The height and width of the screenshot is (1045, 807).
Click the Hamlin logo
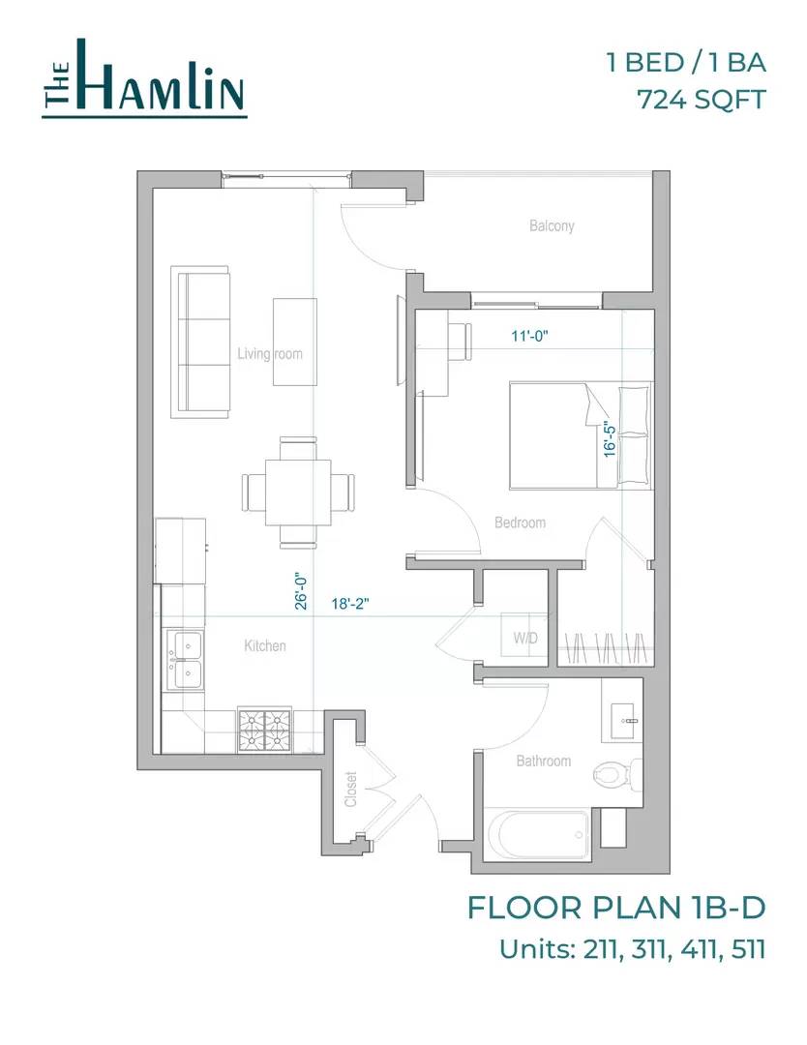[x=144, y=78]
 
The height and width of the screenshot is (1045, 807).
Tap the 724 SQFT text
[x=702, y=100]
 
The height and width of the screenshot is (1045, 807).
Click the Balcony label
[x=552, y=225]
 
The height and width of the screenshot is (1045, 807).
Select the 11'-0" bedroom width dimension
[x=529, y=336]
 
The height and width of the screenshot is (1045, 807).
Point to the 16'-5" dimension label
[x=610, y=438]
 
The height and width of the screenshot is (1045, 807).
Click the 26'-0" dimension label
[x=301, y=590]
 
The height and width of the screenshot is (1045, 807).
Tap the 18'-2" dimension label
[x=350, y=604]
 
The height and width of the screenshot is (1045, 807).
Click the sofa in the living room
[x=200, y=342]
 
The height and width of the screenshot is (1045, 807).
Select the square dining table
[x=299, y=493]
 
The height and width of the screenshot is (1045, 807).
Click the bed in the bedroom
[x=580, y=435]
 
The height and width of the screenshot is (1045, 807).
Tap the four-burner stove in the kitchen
[x=265, y=730]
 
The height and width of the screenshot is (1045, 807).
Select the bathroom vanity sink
[x=622, y=710]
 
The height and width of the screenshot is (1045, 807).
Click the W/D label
[x=525, y=638]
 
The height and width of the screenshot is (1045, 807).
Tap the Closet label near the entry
[x=350, y=790]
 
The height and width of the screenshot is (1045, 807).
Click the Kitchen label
[x=265, y=645]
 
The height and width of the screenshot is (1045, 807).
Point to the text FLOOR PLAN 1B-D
[x=616, y=908]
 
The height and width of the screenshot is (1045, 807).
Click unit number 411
[x=700, y=949]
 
